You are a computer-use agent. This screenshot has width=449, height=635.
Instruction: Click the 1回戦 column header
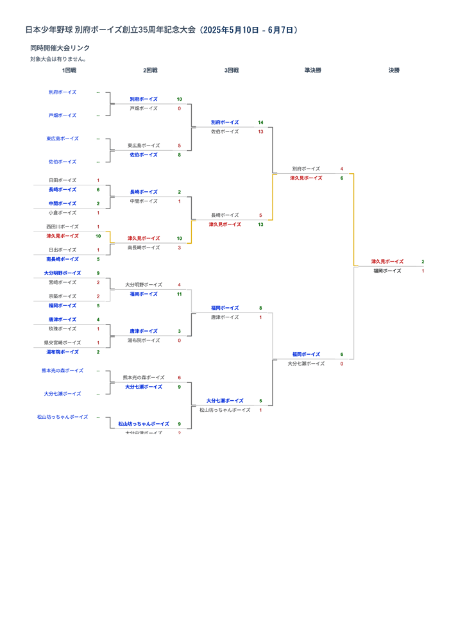(69, 71)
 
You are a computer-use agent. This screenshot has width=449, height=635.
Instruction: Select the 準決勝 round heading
(313, 71)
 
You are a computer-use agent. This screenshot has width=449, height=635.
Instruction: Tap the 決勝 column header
(394, 71)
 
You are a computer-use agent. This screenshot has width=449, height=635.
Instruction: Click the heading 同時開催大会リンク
(60, 48)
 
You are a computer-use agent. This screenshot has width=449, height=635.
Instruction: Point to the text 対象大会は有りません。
(58, 59)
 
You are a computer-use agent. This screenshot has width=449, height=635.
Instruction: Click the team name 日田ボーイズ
(62, 180)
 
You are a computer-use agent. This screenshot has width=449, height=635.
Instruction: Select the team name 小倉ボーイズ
(62, 213)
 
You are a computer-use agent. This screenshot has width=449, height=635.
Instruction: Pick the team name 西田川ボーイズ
(62, 226)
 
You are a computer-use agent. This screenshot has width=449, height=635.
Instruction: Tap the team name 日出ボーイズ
(62, 250)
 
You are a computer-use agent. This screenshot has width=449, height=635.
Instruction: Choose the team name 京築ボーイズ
(62, 296)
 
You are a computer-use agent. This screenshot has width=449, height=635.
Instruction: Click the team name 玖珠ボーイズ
(62, 329)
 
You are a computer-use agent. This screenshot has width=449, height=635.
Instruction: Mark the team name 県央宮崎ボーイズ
(62, 343)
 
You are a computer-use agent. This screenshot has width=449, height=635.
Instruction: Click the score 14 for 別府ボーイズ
(260, 123)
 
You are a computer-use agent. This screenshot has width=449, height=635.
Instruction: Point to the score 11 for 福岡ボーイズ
(179, 294)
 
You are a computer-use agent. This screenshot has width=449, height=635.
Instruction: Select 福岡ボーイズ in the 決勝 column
(387, 271)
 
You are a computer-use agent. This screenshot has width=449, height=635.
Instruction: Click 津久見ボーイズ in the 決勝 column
(387, 262)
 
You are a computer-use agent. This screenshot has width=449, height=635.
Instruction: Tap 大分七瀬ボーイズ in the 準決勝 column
(306, 364)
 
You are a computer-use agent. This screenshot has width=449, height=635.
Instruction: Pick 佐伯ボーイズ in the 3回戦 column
(224, 131)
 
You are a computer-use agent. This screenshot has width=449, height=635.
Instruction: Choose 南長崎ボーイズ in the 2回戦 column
(144, 248)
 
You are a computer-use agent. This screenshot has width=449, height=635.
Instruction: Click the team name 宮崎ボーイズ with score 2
(62, 282)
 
